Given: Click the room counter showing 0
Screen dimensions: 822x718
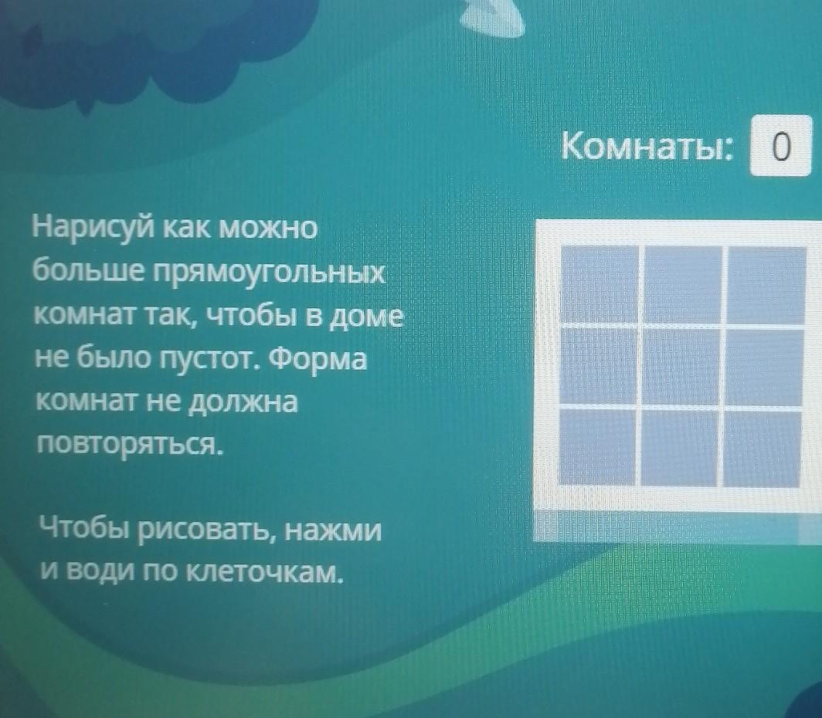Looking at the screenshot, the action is [x=781, y=146].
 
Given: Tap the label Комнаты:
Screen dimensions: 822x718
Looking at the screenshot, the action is [x=647, y=146].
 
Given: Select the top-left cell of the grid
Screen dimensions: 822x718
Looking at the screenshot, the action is [x=600, y=284].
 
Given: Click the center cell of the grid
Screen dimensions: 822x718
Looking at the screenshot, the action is [x=681, y=366].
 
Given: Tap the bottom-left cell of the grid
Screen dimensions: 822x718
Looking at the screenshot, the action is [x=597, y=447].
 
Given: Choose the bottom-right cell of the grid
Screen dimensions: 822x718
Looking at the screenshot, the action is [x=763, y=449].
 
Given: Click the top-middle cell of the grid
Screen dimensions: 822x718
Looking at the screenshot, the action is [x=683, y=284].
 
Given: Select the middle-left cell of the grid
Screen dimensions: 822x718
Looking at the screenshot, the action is [x=598, y=365].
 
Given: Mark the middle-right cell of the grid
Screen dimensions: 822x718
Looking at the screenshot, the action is [x=765, y=367].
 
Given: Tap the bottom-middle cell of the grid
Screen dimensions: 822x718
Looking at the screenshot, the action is [x=679, y=448].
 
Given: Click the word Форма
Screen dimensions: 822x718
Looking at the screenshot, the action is [x=321, y=360].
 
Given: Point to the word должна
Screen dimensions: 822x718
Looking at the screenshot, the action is [x=243, y=402].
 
